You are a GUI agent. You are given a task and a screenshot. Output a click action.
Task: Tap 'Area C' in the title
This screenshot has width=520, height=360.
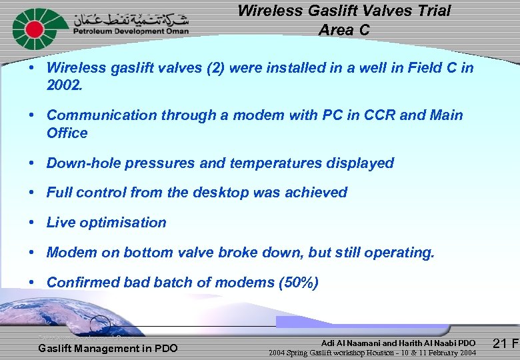tap(343, 30)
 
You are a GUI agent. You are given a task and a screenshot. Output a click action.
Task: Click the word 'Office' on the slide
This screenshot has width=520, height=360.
tap(67, 133)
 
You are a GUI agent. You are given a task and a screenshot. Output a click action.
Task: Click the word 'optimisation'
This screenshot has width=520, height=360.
tap(123, 223)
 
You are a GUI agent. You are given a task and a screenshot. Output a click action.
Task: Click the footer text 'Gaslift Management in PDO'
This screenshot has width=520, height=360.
tap(108, 348)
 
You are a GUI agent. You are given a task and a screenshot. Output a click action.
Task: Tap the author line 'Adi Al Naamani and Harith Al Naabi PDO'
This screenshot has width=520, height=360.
tap(398, 343)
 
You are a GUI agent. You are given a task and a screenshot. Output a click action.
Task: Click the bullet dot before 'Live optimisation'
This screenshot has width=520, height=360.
tap(32, 223)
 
